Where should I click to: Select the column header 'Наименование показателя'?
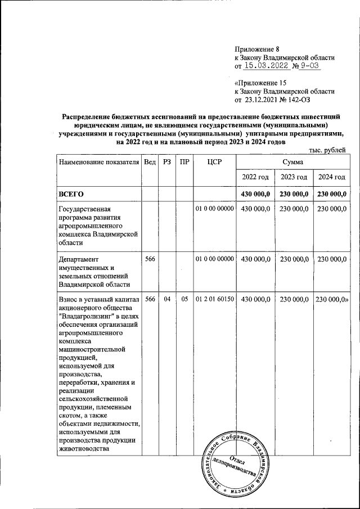point(98,163)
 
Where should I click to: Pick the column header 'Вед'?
point(150,163)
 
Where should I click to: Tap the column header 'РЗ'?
point(166,163)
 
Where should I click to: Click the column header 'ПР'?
point(184,163)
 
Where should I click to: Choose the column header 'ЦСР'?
point(214,163)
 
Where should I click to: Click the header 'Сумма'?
point(292,162)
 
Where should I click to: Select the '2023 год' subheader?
point(294,177)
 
